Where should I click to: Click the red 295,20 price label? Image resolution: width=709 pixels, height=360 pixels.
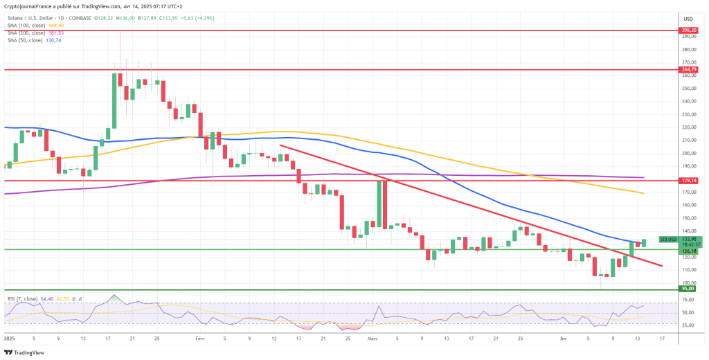point(688,31)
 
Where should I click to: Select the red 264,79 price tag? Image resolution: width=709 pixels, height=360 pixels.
point(688,69)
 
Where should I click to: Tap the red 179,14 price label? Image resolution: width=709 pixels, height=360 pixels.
point(688,181)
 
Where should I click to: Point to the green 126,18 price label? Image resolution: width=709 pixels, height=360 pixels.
point(688,251)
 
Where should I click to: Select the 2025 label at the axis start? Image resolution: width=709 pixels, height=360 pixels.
point(11,339)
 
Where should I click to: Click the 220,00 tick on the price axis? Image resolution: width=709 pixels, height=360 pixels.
point(688,127)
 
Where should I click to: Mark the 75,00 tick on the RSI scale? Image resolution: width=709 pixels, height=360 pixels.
point(688,299)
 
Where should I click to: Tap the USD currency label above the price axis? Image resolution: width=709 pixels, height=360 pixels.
point(688,19)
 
